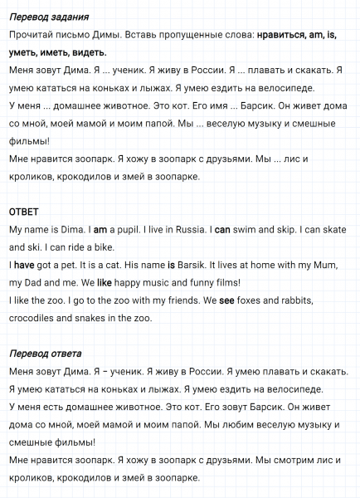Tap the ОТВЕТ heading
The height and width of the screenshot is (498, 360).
click(24, 212)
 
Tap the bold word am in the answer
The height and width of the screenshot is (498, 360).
click(100, 229)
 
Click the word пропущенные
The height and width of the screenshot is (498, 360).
click(158, 37)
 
